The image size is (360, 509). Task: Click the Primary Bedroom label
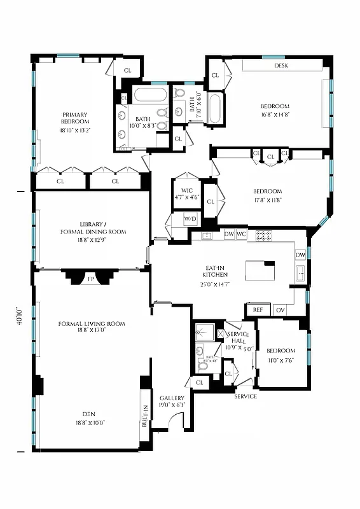[74, 118]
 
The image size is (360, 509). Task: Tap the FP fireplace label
[91, 278]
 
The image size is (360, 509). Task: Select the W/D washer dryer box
[190, 220]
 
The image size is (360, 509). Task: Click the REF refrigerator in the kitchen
[258, 310]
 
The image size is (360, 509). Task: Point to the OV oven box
[280, 310]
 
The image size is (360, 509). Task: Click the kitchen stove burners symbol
[263, 235]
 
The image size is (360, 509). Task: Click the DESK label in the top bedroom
[282, 66]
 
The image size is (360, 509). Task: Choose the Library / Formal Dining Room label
[93, 228]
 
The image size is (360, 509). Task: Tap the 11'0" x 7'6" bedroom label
[280, 354]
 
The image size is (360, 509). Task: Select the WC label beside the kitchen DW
[241, 234]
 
